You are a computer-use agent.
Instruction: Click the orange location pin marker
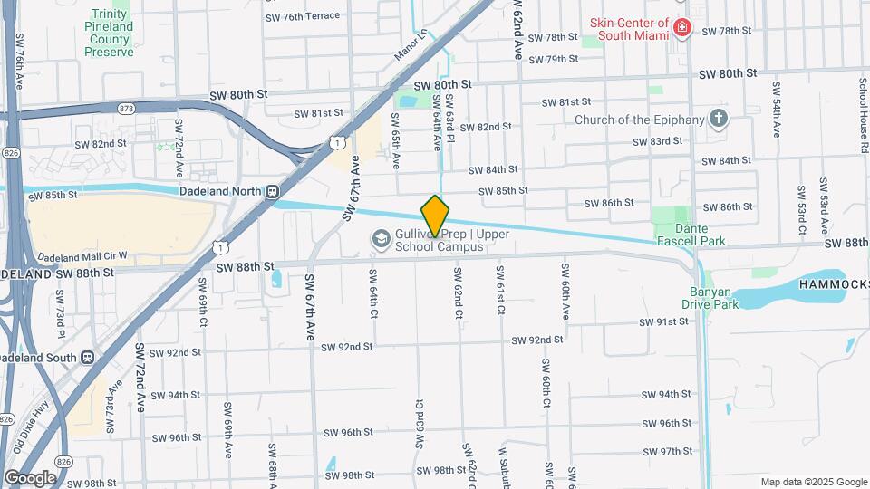click(x=435, y=216)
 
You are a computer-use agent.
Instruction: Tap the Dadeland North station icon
click(x=272, y=191)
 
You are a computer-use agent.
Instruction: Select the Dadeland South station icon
click(x=88, y=357)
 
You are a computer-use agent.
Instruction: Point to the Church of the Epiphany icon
click(x=719, y=119)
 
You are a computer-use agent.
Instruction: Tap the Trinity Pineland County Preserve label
click(x=109, y=33)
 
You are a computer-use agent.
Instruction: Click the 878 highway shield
click(x=126, y=108)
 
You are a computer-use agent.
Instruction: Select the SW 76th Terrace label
click(x=303, y=16)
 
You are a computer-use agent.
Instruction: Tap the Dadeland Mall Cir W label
click(x=83, y=257)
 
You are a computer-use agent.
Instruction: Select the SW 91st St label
click(x=665, y=322)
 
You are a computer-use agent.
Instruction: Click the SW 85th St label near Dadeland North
click(x=53, y=196)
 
